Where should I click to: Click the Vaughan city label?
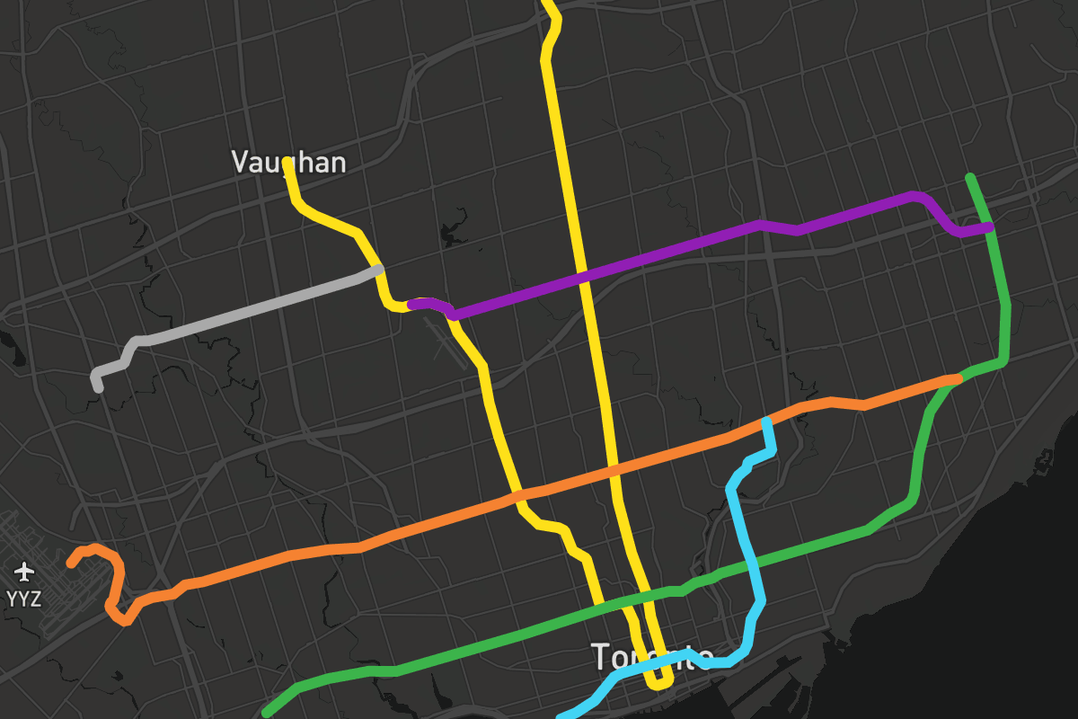pos(288,162)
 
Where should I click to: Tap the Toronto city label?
pos(652,657)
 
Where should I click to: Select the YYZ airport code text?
pos(23,599)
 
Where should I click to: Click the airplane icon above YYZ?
pos(24,571)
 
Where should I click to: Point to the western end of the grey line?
pos(98,387)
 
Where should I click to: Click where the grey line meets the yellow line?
pos(379,269)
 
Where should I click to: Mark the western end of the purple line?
pos(411,305)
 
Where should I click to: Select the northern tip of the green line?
pos(968,177)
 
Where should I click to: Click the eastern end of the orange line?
pos(958,379)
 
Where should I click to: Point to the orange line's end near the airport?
pos(72,564)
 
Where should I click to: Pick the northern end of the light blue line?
pos(766,421)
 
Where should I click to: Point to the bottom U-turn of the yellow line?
pos(660,685)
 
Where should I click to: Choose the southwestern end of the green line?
pos(267,714)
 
